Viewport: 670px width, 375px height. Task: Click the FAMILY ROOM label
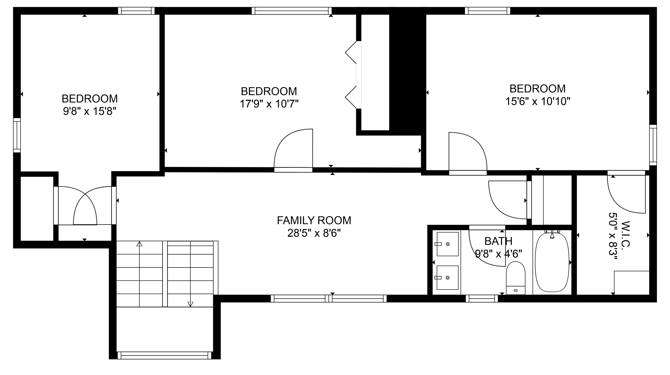click(x=314, y=220)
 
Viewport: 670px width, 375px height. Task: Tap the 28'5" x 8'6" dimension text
click(x=314, y=233)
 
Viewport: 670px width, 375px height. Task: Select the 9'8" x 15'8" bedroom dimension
click(x=90, y=112)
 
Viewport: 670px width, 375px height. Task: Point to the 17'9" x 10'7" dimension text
click(x=269, y=104)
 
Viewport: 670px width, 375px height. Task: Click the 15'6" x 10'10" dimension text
click(x=538, y=101)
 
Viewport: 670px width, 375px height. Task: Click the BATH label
click(x=498, y=241)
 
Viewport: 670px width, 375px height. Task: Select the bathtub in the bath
click(x=552, y=262)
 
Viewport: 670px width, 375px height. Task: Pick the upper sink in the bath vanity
click(x=447, y=244)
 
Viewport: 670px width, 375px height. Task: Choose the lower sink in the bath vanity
click(x=447, y=277)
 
